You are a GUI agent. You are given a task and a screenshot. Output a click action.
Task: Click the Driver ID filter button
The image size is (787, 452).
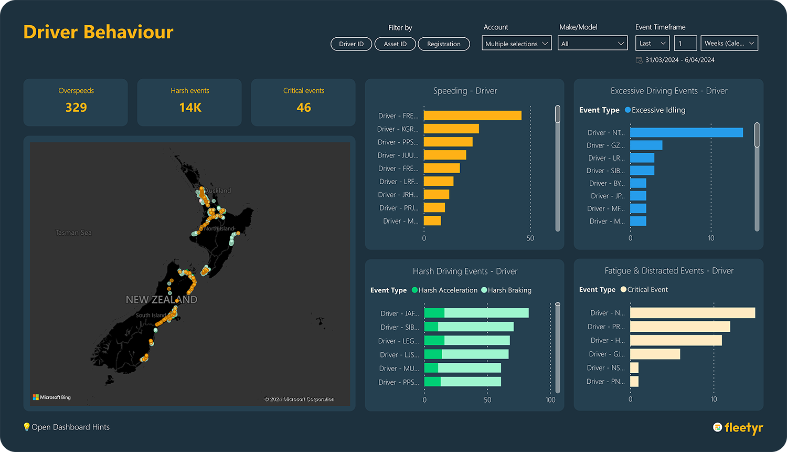[x=351, y=44]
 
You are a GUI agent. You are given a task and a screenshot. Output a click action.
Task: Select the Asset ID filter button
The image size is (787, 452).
[x=395, y=44]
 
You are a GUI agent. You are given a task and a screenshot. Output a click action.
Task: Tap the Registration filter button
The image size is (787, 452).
[x=443, y=44]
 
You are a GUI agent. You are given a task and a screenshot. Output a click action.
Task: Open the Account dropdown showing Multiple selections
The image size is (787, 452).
[x=517, y=44]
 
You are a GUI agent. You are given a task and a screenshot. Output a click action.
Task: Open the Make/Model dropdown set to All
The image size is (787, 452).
[x=592, y=44]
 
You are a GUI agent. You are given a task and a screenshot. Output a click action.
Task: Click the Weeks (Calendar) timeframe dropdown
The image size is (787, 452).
[x=729, y=44]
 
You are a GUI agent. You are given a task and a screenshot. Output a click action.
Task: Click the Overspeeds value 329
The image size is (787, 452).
[x=76, y=108]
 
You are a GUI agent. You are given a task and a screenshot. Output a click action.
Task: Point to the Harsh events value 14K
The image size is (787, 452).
[x=190, y=108]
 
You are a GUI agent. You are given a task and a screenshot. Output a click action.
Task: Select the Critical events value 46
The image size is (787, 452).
[x=304, y=108]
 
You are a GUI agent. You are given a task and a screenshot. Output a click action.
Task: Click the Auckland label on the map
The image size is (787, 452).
[x=218, y=191]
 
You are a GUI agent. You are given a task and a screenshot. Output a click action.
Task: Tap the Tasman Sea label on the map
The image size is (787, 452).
[x=73, y=233]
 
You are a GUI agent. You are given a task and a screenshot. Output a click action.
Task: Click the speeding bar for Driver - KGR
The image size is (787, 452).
[x=451, y=129]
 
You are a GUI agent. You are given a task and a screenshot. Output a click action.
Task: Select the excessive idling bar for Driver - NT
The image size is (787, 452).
[x=686, y=133]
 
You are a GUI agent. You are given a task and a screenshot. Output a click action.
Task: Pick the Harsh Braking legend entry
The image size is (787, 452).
[x=506, y=290]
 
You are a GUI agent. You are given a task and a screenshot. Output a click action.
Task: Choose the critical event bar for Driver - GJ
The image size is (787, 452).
[x=655, y=354]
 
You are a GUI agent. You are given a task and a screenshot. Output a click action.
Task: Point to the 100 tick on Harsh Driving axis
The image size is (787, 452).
[x=550, y=400]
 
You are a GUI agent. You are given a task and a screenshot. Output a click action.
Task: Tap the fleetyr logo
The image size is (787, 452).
[x=738, y=428]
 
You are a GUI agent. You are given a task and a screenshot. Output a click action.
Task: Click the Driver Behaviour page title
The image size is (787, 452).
[x=98, y=32]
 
